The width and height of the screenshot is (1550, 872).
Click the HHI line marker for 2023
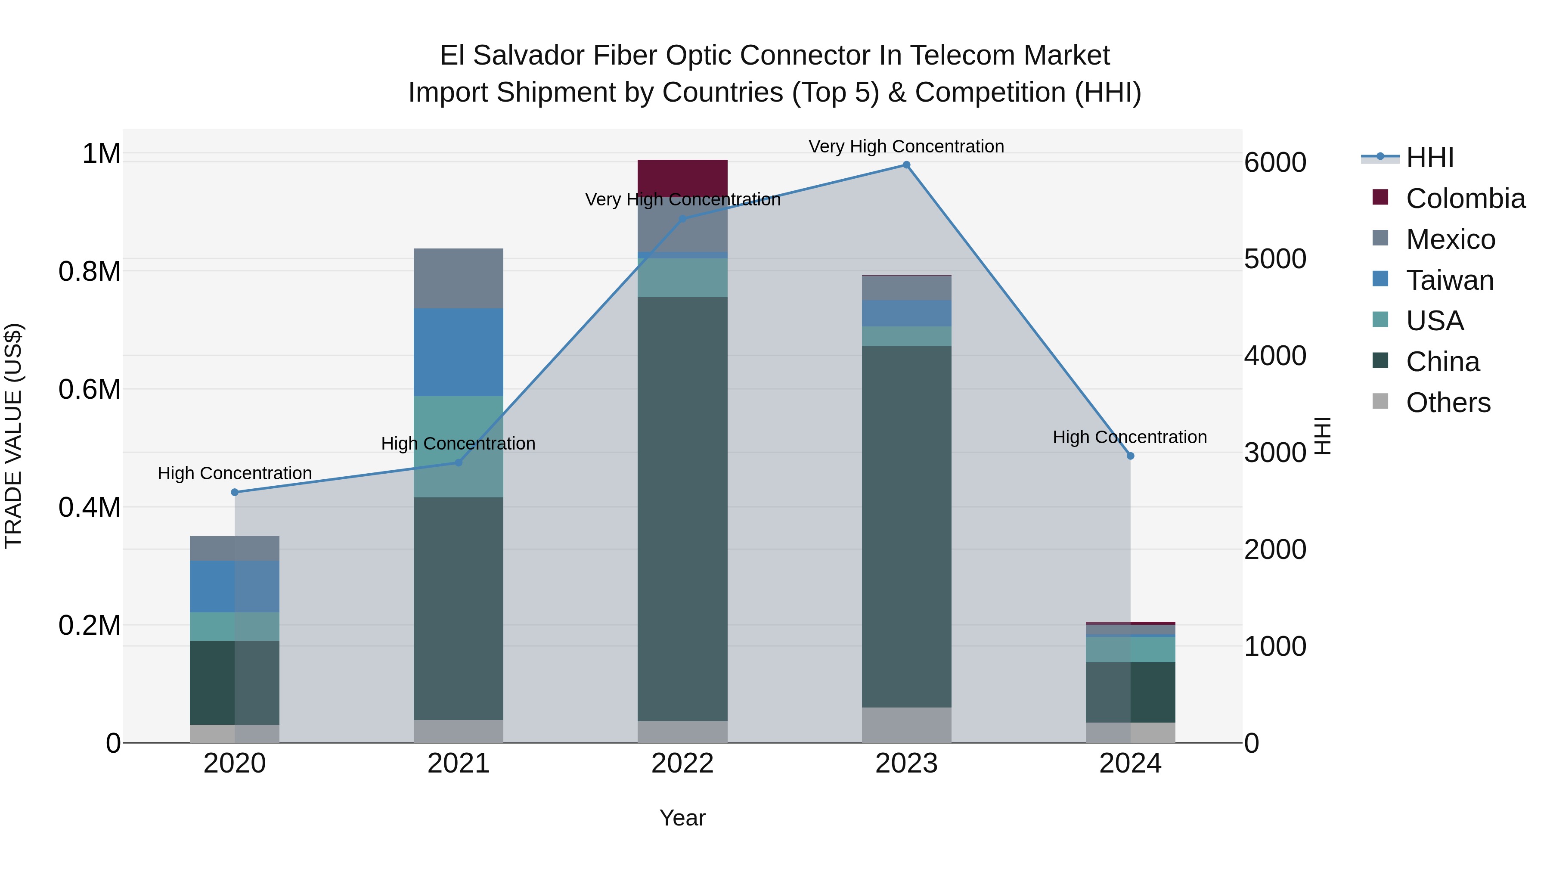pos(906,165)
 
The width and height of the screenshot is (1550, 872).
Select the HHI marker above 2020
pos(235,492)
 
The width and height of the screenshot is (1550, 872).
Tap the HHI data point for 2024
pos(1130,456)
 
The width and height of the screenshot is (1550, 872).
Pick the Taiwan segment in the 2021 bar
pos(459,352)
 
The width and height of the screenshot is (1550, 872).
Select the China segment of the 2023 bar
pos(906,527)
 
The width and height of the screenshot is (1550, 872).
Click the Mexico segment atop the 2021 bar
pos(459,278)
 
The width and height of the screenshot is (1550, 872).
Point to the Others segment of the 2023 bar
pos(906,725)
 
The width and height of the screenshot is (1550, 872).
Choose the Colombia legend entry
pos(1465,199)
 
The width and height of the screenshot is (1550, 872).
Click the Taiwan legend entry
pos(1450,280)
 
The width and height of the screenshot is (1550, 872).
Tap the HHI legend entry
pos(1429,158)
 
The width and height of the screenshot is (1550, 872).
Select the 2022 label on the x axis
pos(682,763)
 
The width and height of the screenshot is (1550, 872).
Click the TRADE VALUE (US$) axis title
pos(13,436)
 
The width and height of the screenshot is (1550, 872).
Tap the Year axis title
pos(682,818)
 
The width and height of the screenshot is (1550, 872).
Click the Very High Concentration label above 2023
pos(906,146)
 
